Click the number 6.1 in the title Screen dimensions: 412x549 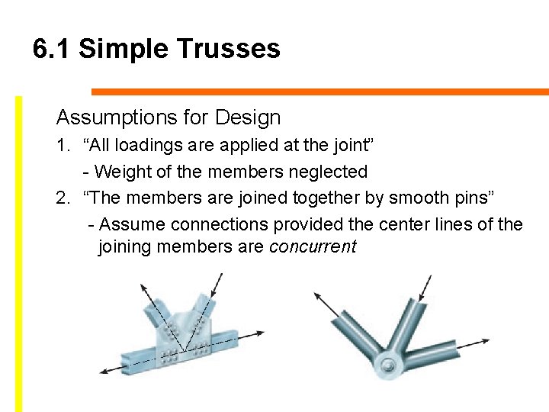coord(52,49)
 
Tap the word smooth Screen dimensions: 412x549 coord(419,198)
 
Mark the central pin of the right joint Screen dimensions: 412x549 coord(388,367)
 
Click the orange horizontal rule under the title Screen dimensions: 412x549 coord(320,92)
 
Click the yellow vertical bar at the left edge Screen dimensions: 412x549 coord(19,252)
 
